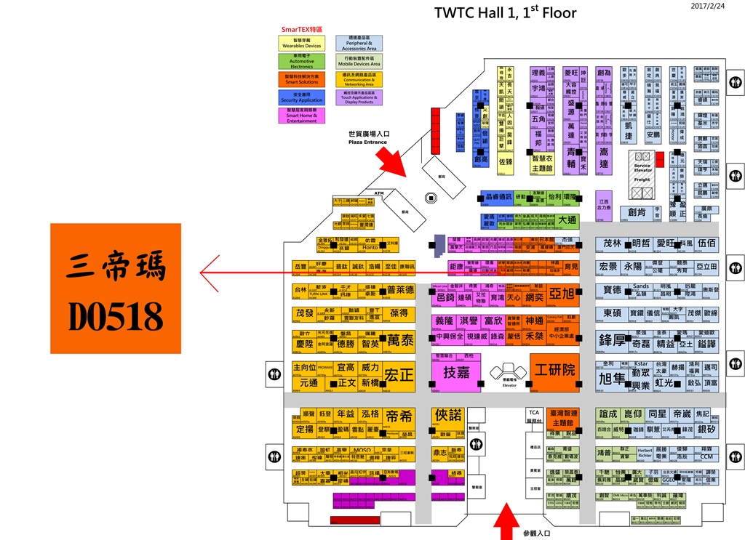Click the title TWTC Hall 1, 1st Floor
[505, 12]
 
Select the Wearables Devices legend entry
[302, 43]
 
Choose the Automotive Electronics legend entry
[302, 61]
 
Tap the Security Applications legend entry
[302, 97]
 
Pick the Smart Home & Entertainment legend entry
[302, 115]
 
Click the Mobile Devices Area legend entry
[359, 61]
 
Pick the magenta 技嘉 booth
[455, 372]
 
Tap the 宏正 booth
[399, 375]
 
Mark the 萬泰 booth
[399, 340]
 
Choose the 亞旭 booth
[562, 294]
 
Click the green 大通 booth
[567, 219]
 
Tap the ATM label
[378, 193]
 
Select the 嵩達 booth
[603, 158]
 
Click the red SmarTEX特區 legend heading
[302, 30]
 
